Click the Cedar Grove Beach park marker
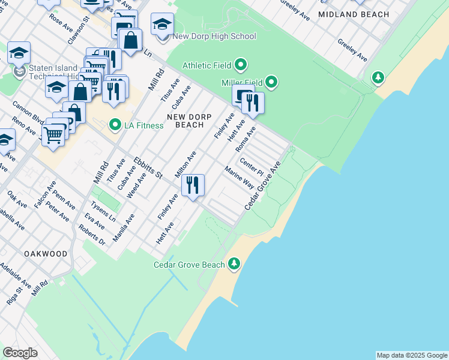pyautogui.click(x=234, y=263)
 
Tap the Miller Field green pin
pyautogui.click(x=271, y=82)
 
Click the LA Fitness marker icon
pyautogui.click(x=114, y=125)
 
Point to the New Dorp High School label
pyautogui.click(x=214, y=37)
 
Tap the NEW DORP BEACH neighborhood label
pyautogui.click(x=185, y=120)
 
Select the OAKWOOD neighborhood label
pyautogui.click(x=46, y=254)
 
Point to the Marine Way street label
pyautogui.click(x=240, y=178)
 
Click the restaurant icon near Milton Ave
pyautogui.click(x=192, y=185)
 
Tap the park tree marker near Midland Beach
pyautogui.click(x=378, y=77)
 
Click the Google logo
pyautogui.click(x=20, y=353)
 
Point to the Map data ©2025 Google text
pyautogui.click(x=412, y=355)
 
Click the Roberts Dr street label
pyautogui.click(x=92, y=235)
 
